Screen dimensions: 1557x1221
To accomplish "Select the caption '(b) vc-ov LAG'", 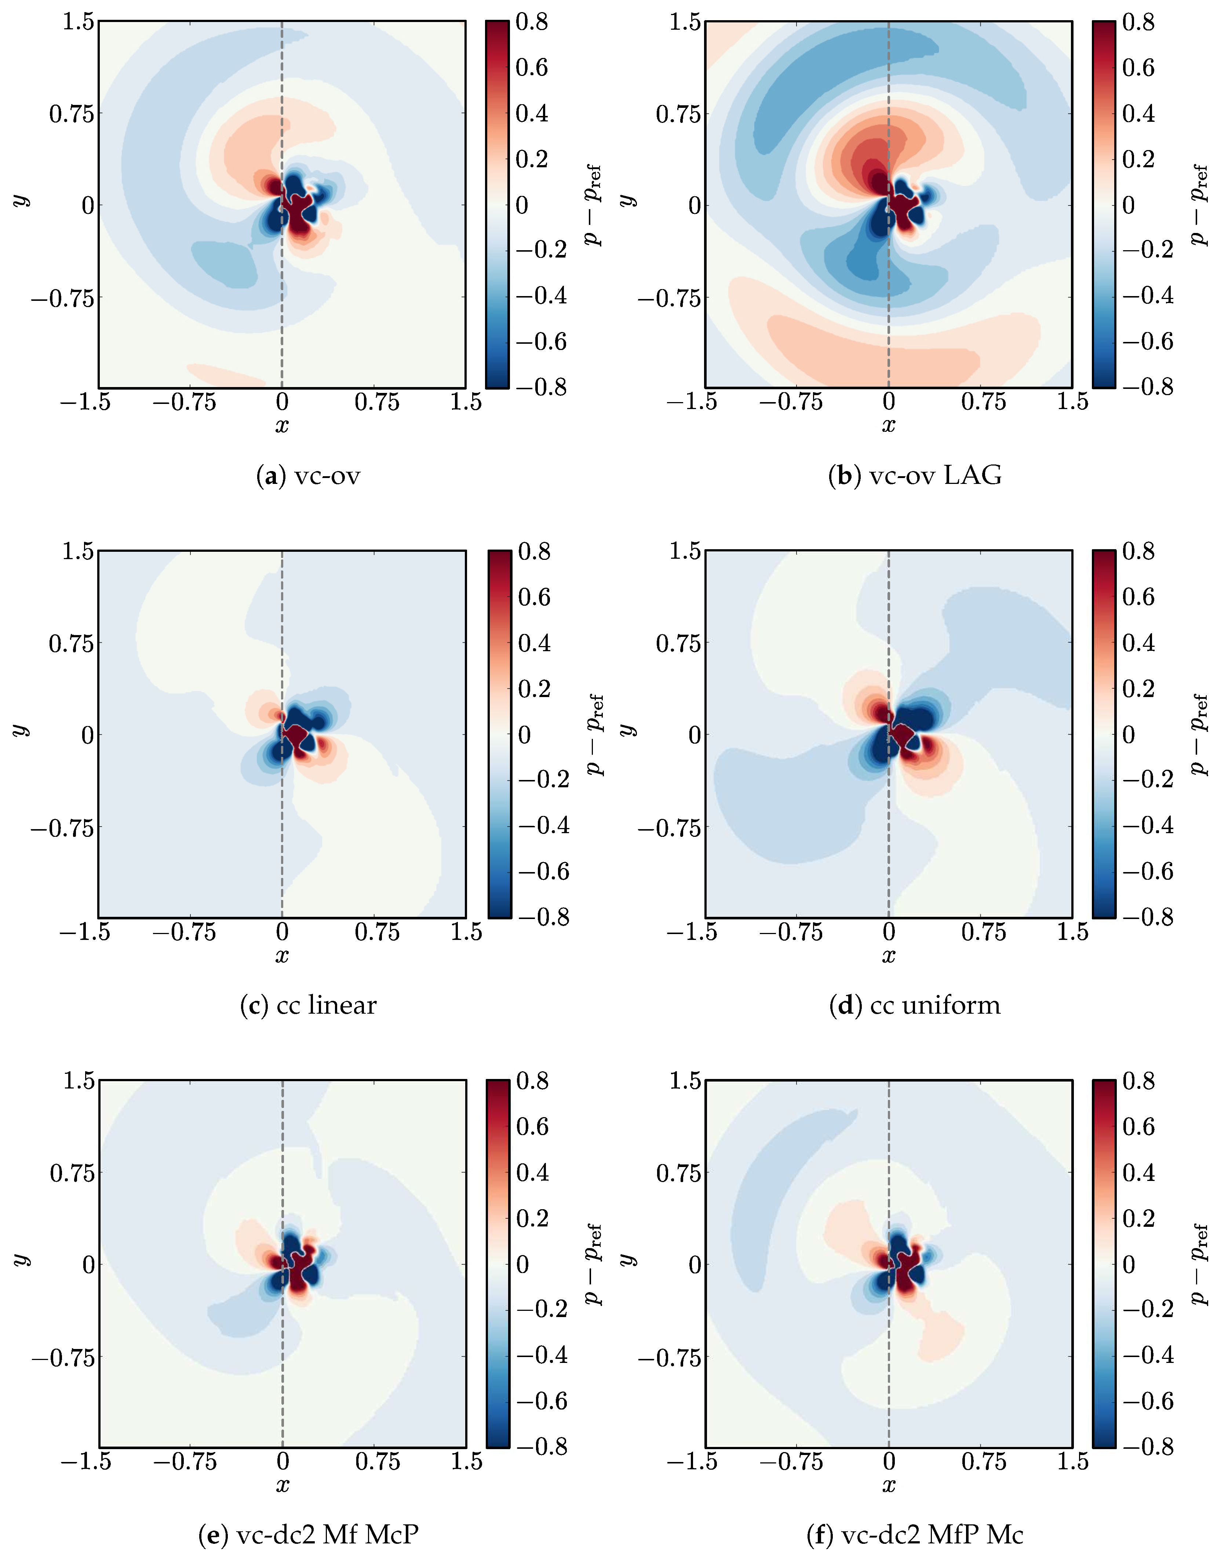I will click(914, 475).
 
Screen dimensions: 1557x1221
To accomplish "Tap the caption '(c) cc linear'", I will click(308, 1005).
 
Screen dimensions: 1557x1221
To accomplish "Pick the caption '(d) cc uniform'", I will click(914, 1005).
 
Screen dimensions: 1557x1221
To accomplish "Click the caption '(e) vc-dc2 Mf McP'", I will click(308, 1534).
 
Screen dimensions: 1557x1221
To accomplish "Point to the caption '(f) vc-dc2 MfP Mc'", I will click(914, 1534).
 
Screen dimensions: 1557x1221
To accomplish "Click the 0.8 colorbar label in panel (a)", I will click(532, 22).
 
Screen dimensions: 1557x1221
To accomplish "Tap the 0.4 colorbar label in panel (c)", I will click(534, 643).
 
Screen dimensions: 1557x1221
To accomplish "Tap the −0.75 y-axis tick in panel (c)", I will click(62, 828).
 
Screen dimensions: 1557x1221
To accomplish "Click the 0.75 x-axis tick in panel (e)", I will click(378, 1461).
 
